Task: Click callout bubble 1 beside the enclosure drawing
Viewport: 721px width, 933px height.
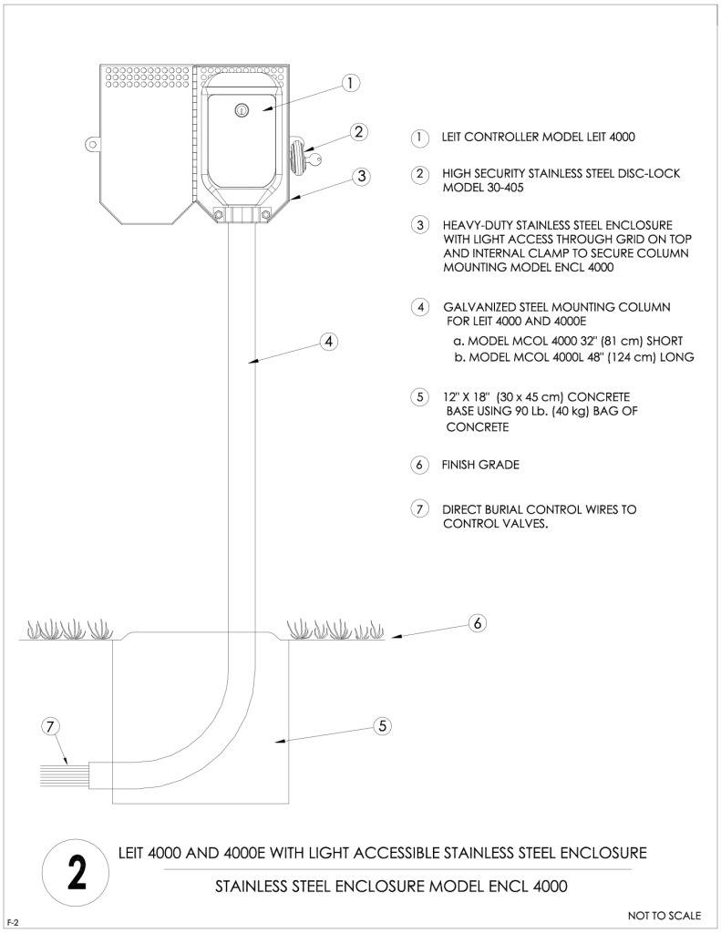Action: [351, 83]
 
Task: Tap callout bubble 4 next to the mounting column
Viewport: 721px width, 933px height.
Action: [329, 342]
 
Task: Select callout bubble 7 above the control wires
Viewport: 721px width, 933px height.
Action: [51, 726]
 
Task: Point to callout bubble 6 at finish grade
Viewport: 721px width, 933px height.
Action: [478, 623]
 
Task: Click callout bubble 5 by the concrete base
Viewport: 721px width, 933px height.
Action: [382, 726]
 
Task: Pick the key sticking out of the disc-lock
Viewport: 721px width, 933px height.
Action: [314, 158]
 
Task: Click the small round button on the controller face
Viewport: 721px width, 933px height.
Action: [242, 110]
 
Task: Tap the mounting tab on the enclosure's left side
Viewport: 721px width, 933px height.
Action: [91, 144]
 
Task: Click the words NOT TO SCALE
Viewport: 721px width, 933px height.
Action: [664, 915]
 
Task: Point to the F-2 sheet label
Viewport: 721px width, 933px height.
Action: [13, 923]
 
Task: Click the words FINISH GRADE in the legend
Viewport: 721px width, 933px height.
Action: [480, 465]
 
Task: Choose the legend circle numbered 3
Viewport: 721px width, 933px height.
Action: [420, 225]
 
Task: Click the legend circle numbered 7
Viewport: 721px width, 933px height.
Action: [419, 509]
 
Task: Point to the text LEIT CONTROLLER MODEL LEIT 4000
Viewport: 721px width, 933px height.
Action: [538, 137]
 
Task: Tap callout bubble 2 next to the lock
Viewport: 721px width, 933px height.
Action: [358, 131]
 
